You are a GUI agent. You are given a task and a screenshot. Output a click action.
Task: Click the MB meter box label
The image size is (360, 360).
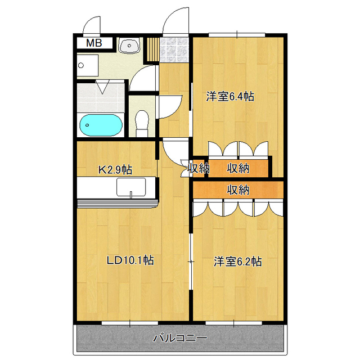(x=94, y=43)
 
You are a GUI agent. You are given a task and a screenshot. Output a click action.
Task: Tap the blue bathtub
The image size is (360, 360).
(x=101, y=125)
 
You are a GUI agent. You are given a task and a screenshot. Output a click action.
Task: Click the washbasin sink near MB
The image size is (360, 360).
(x=129, y=45)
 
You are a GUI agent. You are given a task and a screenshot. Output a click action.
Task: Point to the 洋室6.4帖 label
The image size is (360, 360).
(x=230, y=96)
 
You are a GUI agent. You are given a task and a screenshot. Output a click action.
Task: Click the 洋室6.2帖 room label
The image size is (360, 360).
(x=237, y=262)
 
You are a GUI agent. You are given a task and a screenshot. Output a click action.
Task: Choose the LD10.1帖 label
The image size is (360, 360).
(x=130, y=260)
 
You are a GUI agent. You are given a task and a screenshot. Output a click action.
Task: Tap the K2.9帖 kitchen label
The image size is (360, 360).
(x=115, y=170)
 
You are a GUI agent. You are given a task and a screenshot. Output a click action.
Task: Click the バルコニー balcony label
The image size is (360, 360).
(x=180, y=338)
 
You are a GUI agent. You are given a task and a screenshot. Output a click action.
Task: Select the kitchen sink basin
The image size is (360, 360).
(x=131, y=187)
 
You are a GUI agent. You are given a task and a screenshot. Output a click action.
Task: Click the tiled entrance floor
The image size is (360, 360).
(x=174, y=50)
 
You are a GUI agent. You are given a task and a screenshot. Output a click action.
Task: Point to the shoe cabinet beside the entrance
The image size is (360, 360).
(x=153, y=49)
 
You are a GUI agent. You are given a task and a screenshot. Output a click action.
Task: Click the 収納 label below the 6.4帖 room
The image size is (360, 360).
(x=238, y=169)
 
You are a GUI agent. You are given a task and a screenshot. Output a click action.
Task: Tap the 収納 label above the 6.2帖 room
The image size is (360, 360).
(x=238, y=190)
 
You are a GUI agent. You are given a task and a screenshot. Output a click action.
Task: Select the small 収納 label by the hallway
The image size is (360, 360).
(x=199, y=168)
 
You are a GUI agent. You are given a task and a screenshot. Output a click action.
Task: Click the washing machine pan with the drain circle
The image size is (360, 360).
(x=88, y=65)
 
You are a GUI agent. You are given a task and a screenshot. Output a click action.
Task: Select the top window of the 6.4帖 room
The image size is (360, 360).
(x=237, y=35)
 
